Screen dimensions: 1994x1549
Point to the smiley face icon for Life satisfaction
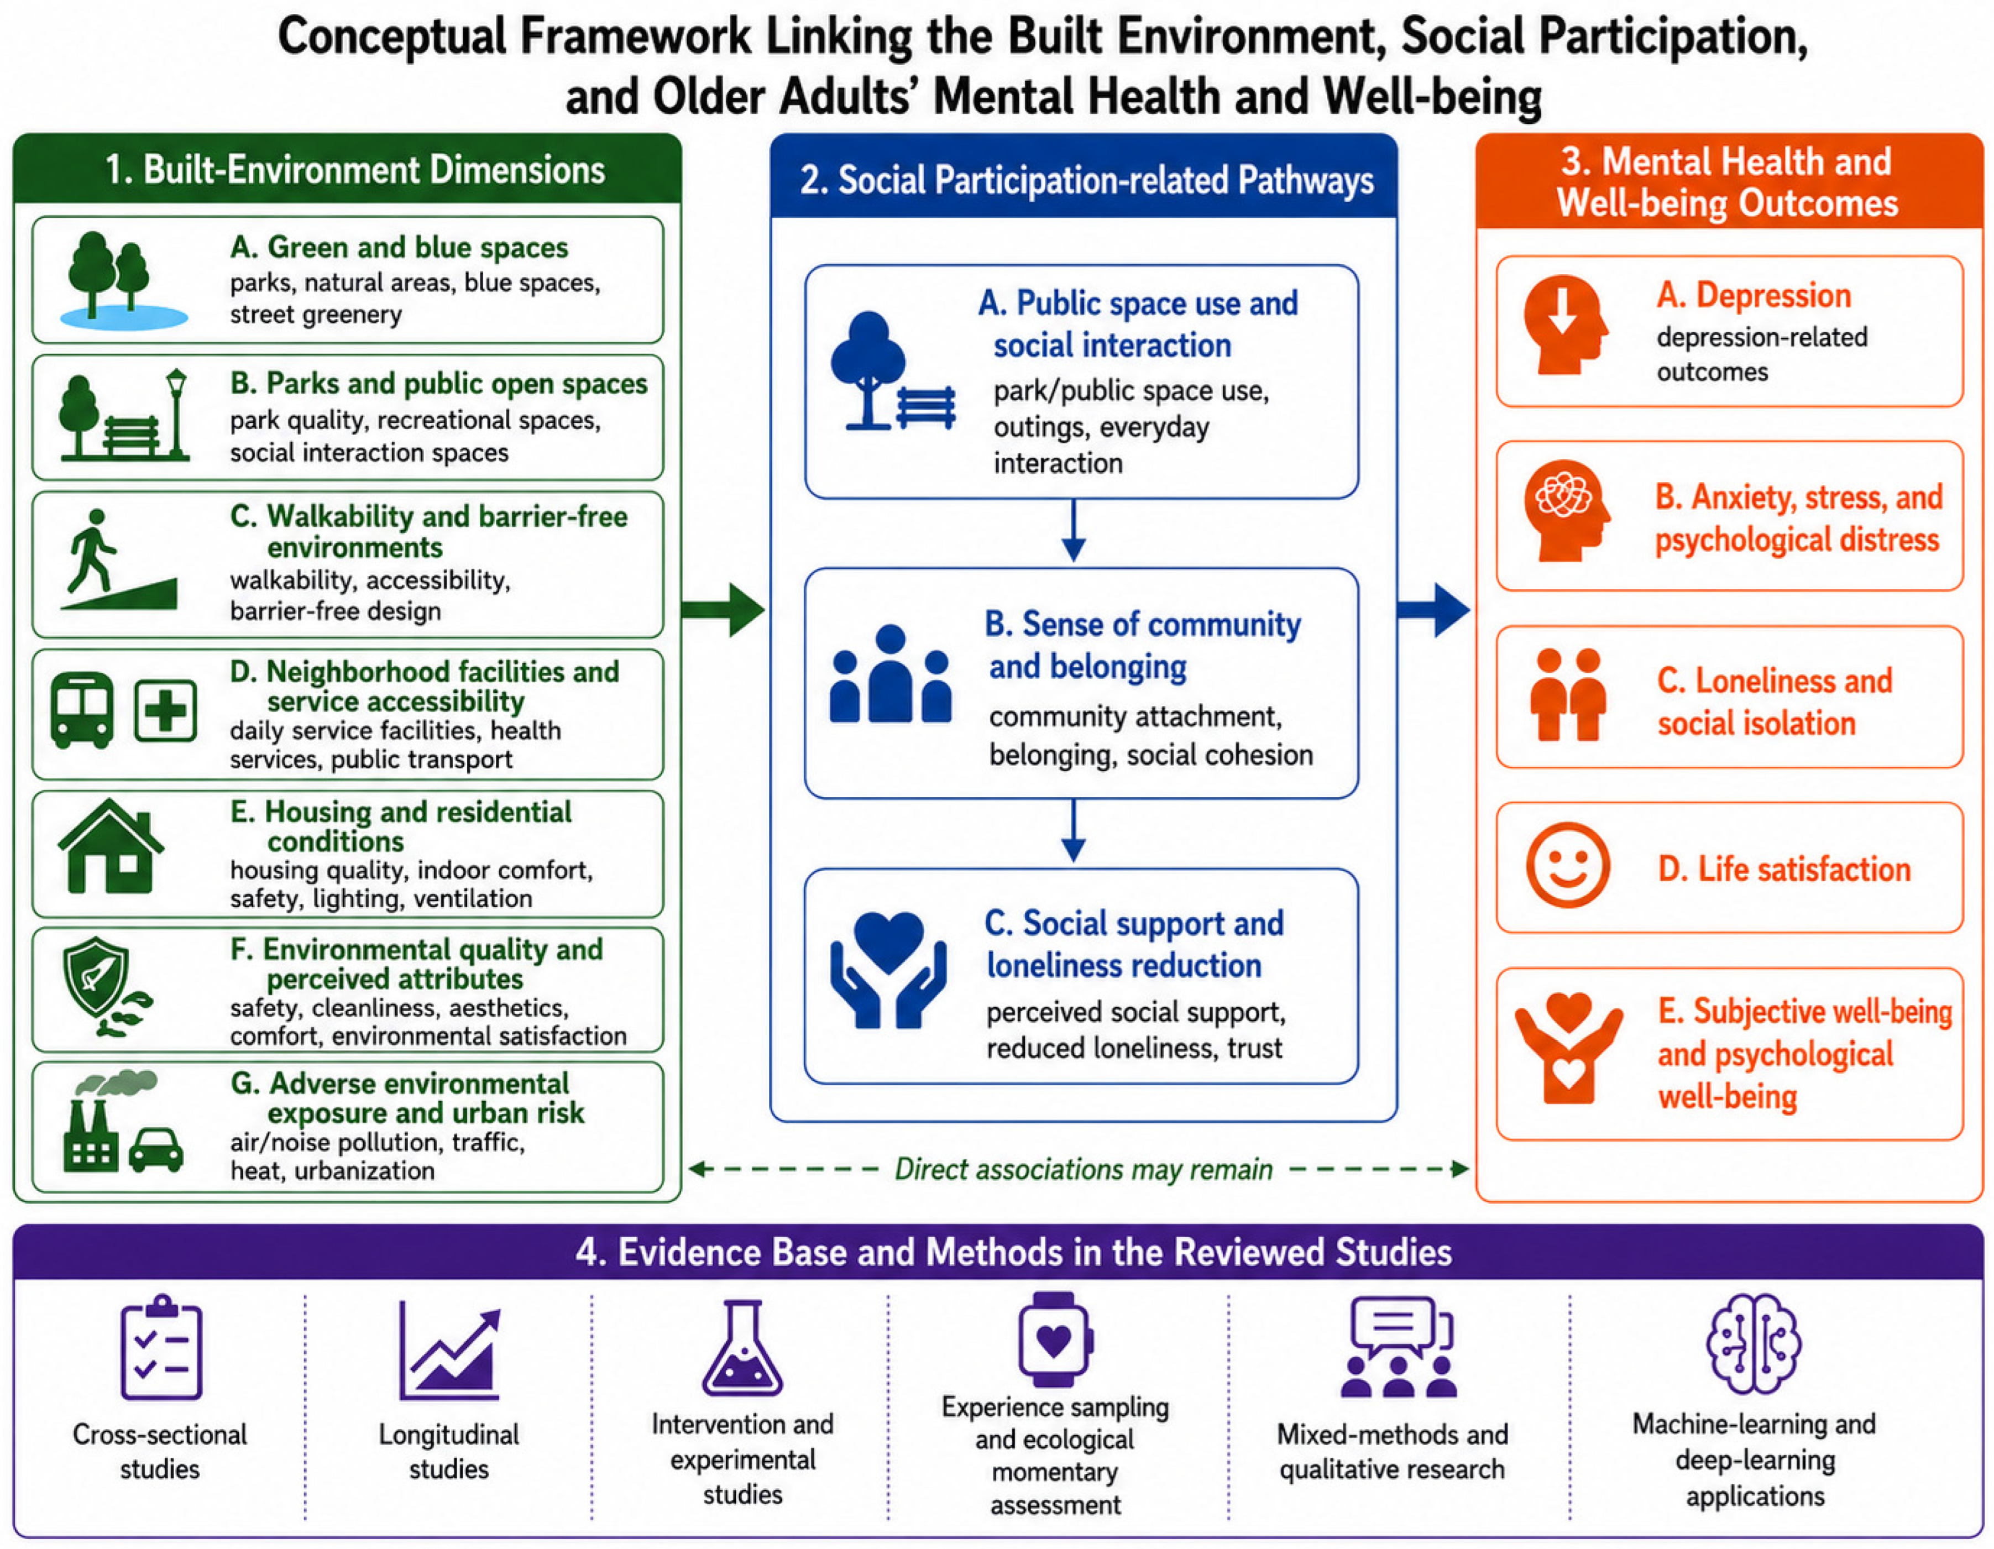click(1568, 865)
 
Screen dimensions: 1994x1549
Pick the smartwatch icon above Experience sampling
click(1055, 1340)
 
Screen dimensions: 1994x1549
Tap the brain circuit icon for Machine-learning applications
click(1754, 1343)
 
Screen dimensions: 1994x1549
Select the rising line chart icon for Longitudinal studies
click(450, 1352)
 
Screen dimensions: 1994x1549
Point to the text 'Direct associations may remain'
click(1083, 1169)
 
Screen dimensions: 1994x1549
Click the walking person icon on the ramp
click(91, 551)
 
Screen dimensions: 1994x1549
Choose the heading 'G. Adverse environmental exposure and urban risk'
click(407, 1098)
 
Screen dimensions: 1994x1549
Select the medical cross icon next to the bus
click(165, 710)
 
